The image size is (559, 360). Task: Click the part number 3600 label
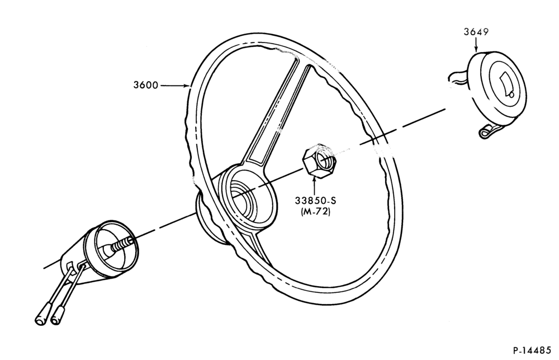pyautogui.click(x=145, y=85)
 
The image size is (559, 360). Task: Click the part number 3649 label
pyautogui.click(x=476, y=32)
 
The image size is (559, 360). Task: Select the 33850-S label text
pyautogui.click(x=315, y=200)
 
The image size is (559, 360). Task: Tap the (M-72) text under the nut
pyautogui.click(x=315, y=211)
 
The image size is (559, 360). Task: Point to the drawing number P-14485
pyautogui.click(x=532, y=350)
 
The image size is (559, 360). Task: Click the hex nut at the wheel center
pyautogui.click(x=319, y=160)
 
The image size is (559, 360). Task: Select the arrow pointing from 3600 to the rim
pyautogui.click(x=174, y=86)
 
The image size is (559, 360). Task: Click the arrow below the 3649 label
pyautogui.click(x=476, y=45)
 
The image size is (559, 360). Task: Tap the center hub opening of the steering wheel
pyautogui.click(x=246, y=200)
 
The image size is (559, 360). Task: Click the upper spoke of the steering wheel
pyautogui.click(x=274, y=114)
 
